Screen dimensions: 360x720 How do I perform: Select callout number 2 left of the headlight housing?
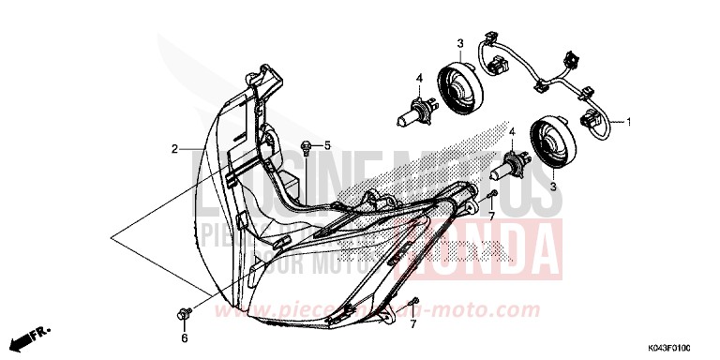(x=173, y=149)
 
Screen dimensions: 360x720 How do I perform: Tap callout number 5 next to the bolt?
(x=328, y=145)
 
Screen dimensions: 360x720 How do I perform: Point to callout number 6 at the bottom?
(x=184, y=337)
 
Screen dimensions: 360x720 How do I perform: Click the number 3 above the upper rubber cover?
(x=460, y=44)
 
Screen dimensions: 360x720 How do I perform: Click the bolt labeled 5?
(x=307, y=145)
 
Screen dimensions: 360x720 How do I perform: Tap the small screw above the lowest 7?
(x=413, y=301)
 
